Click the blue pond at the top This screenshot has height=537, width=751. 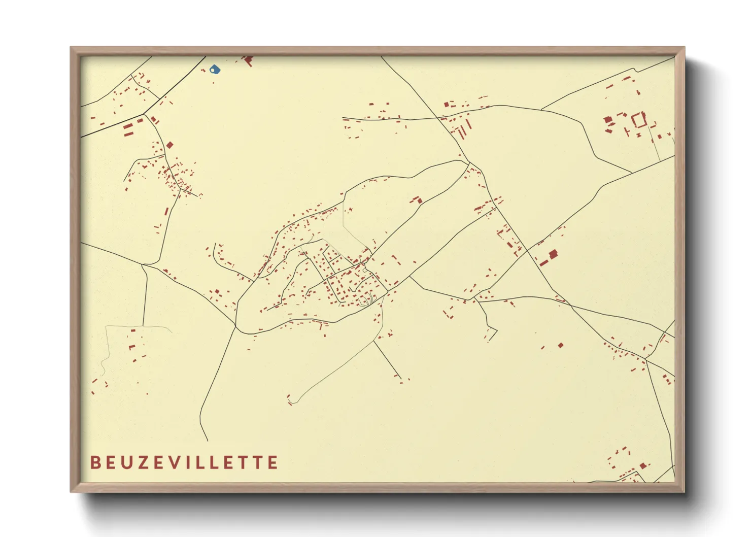point(216,70)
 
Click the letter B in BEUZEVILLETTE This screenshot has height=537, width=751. point(95,462)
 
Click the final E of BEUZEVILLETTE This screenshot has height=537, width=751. point(273,462)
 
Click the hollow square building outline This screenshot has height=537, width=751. point(639,120)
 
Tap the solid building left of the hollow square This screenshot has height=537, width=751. point(607,120)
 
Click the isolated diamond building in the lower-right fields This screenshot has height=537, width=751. point(561,345)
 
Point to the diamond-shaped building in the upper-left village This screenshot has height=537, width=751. point(170,145)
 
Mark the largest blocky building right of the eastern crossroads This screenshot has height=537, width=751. point(553,253)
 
